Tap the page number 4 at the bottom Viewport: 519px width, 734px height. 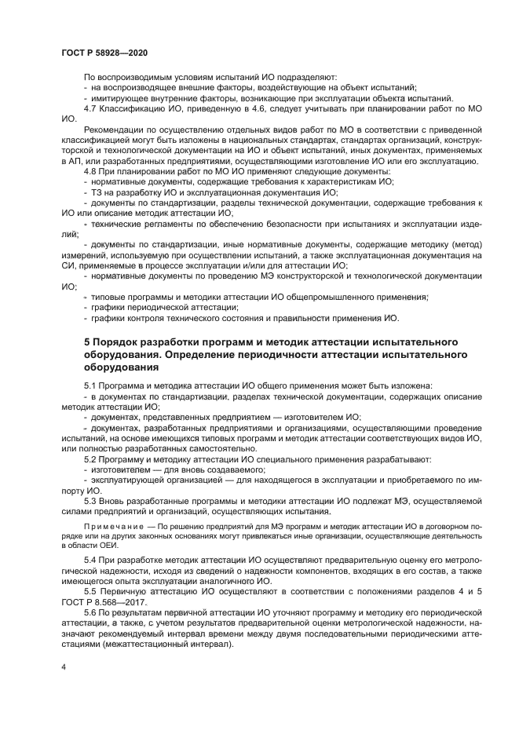(64, 666)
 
